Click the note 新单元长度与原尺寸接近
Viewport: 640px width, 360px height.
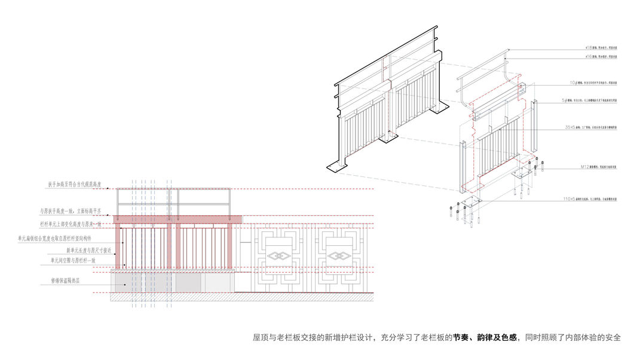(x=88, y=250)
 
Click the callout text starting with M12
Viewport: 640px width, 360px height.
(x=598, y=168)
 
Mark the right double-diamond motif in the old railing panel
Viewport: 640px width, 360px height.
(x=339, y=256)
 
